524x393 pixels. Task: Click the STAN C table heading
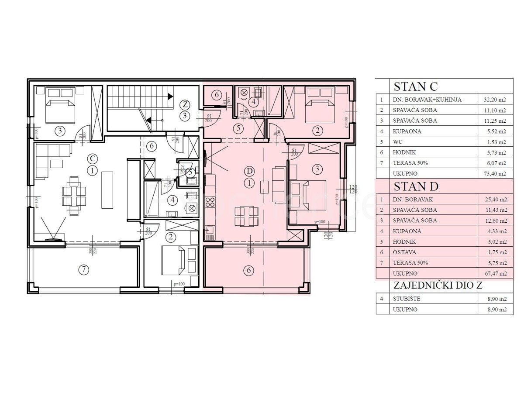point(415,86)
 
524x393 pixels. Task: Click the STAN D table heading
point(416,186)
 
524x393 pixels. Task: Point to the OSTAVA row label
point(405,252)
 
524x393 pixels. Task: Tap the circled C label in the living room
point(92,158)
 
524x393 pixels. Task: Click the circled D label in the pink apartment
point(249,170)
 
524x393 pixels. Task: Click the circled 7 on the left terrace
point(83,269)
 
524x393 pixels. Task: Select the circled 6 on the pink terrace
point(248,270)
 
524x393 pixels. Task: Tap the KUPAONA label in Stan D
point(407,231)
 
